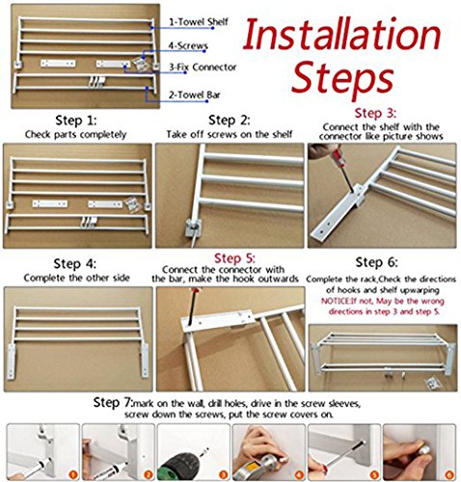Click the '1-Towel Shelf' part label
(x=199, y=22)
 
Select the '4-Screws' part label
(x=188, y=45)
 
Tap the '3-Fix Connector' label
(x=203, y=67)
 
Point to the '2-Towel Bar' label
(x=195, y=94)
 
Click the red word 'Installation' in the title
(x=341, y=35)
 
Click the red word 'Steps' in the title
(x=342, y=76)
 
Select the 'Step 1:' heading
(x=76, y=120)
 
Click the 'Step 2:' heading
(x=230, y=120)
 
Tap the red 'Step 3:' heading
(x=375, y=113)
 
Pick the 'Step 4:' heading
(x=75, y=264)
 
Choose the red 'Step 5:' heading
(x=234, y=258)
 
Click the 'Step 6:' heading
(x=376, y=262)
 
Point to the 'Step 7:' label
(x=113, y=403)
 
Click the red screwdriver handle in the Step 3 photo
(x=338, y=157)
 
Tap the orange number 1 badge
(x=72, y=474)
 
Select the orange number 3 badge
(x=223, y=474)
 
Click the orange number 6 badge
(x=448, y=474)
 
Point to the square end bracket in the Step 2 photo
(x=193, y=228)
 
